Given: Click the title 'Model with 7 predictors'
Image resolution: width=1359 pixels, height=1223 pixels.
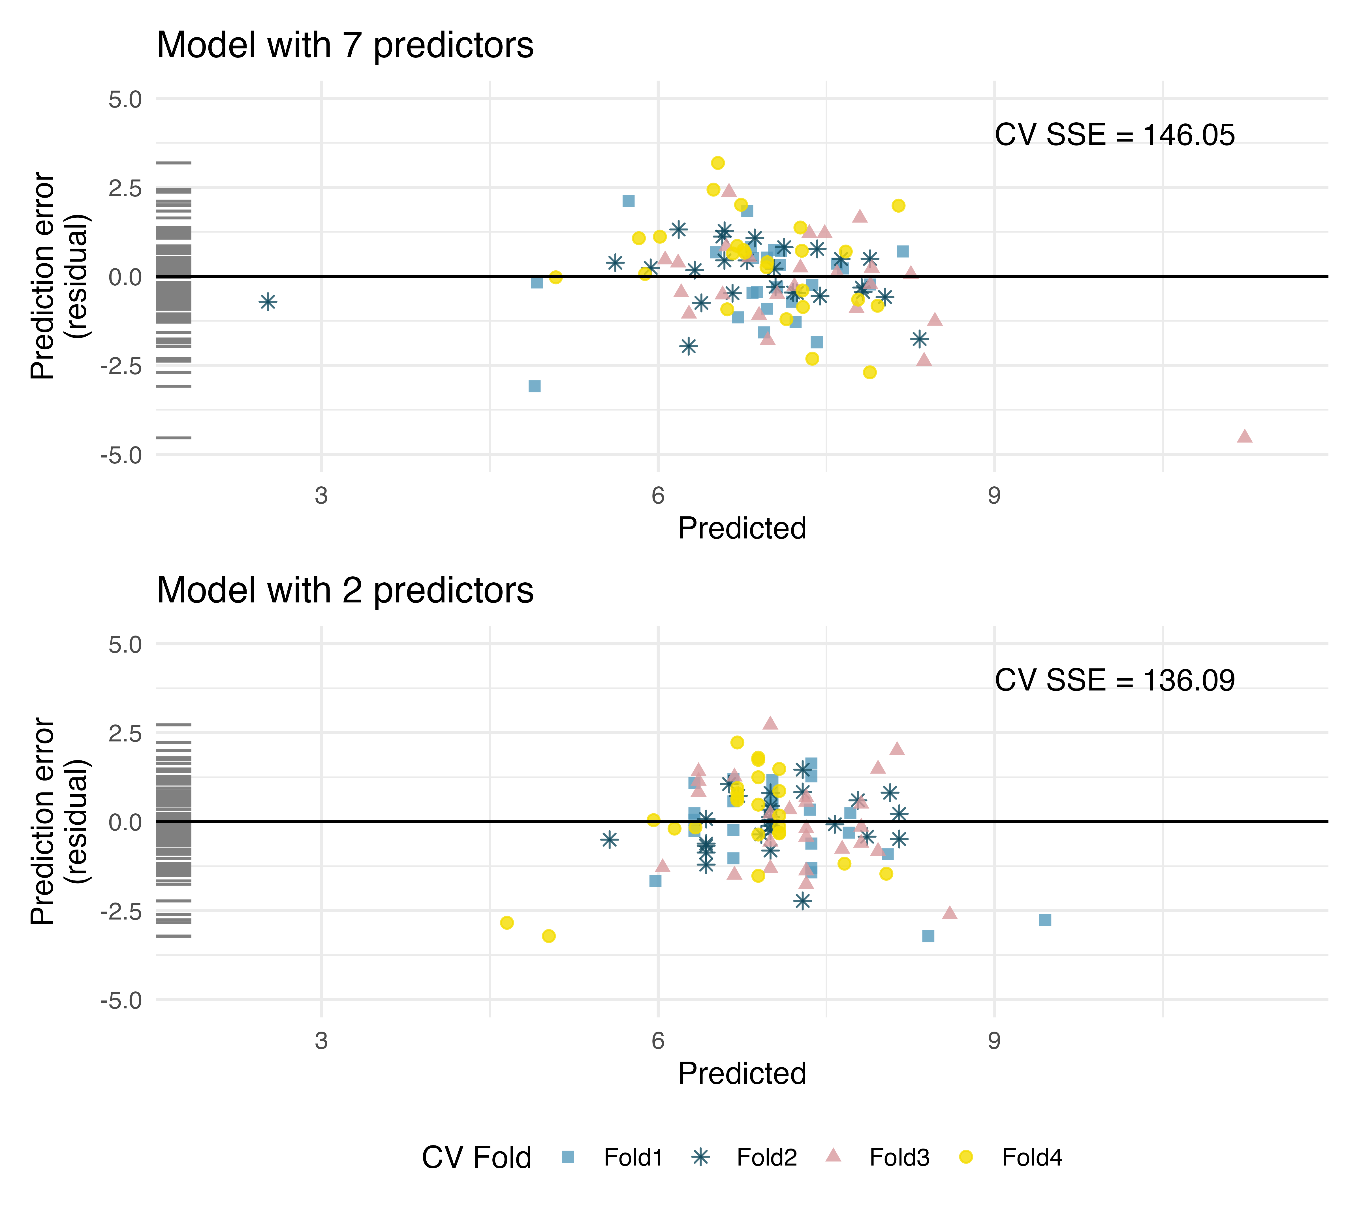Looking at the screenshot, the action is (x=345, y=46).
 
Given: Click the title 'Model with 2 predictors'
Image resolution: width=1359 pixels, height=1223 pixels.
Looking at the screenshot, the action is (x=345, y=591).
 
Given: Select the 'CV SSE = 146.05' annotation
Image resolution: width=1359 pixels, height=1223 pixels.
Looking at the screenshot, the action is (x=1114, y=135).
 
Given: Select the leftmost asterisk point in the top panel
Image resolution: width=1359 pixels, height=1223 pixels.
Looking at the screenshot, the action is (x=268, y=302).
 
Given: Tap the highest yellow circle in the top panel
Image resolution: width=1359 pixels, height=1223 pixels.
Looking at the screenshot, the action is (x=718, y=163).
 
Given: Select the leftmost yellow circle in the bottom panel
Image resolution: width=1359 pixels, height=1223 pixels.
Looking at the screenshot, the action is (x=507, y=923).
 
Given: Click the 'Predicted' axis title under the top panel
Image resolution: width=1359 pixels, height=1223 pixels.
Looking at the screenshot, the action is (x=742, y=528).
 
